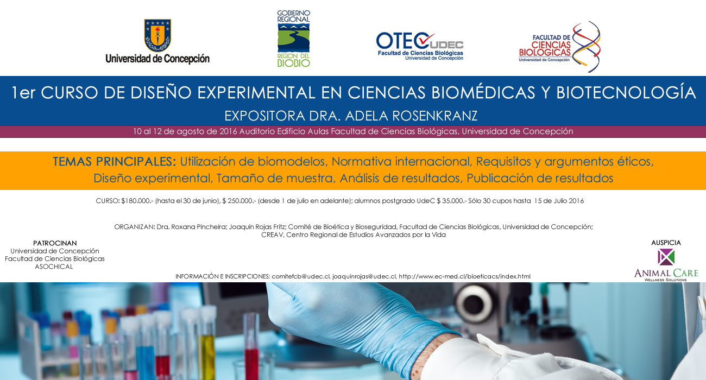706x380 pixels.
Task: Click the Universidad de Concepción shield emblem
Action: click(157, 35)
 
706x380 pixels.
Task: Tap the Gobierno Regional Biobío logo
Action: click(294, 39)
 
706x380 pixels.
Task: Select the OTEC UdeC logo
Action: click(420, 46)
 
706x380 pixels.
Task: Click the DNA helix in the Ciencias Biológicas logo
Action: click(587, 47)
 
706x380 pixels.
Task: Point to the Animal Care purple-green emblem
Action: click(666, 257)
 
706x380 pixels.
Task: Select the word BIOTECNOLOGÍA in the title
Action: click(626, 93)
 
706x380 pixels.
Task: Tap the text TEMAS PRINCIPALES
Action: click(115, 161)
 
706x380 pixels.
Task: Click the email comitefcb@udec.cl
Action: click(301, 276)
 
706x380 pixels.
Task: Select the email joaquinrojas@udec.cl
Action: click(364, 276)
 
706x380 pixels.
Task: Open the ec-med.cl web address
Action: click(464, 276)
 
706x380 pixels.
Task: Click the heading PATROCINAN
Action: click(55, 243)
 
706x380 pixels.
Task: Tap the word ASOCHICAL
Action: click(54, 267)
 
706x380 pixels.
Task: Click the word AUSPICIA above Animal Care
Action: click(666, 243)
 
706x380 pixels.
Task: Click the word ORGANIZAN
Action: click(135, 227)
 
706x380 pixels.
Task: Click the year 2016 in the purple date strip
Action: click(228, 131)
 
